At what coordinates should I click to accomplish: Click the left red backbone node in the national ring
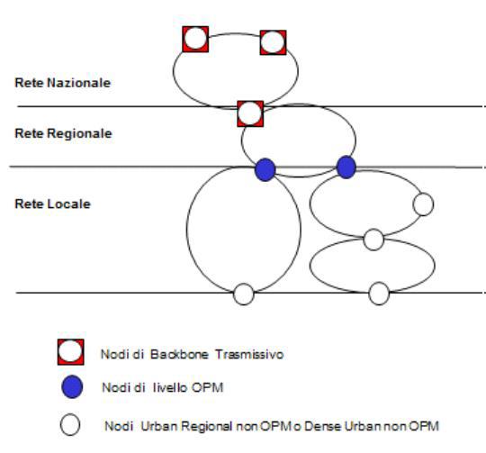pos(195,39)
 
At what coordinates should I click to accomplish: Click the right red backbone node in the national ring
pos(273,42)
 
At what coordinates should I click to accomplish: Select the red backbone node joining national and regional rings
pos(250,113)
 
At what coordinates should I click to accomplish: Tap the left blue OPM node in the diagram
pos(265,169)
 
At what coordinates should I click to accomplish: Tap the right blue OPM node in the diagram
pos(346,168)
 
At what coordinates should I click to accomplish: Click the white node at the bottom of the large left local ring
pos(244,294)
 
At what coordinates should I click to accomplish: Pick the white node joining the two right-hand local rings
pos(373,240)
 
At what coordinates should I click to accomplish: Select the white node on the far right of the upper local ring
pos(423,204)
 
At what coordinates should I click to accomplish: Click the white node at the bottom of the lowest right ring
pos(379,294)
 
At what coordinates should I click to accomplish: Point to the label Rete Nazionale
pos(63,83)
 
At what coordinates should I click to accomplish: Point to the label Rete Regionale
pos(63,133)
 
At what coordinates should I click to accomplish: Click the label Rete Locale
pos(53,204)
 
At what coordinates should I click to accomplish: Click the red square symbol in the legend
pos(71,352)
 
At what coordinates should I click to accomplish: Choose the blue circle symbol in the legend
pos(72,387)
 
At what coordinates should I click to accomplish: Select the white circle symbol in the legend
pos(70,425)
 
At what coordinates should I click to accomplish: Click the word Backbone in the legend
pos(179,354)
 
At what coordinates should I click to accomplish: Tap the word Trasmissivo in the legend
pos(249,354)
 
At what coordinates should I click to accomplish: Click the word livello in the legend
pos(170,387)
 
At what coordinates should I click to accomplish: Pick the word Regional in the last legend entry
pos(207,427)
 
